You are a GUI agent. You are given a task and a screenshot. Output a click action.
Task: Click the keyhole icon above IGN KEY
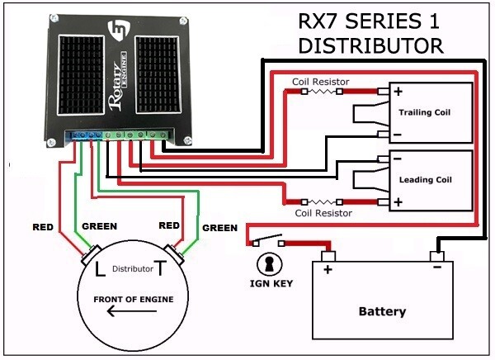[267, 263]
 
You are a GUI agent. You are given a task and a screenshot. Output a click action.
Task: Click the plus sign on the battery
[328, 270]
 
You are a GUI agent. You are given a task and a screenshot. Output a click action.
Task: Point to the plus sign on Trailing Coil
[398, 92]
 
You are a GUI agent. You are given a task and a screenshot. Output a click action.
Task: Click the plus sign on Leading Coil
[398, 201]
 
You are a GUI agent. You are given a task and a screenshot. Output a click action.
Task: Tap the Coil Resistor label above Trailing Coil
[321, 82]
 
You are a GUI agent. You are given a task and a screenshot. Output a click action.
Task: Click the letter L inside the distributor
[101, 269]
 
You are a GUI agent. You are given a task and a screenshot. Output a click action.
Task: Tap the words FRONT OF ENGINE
[133, 299]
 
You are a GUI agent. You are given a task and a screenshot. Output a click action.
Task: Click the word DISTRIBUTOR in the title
[370, 45]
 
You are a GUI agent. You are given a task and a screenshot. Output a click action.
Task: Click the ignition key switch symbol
[266, 243]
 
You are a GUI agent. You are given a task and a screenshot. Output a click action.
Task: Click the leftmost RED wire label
[45, 225]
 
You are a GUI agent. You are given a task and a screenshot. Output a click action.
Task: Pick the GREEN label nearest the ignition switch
[219, 228]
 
